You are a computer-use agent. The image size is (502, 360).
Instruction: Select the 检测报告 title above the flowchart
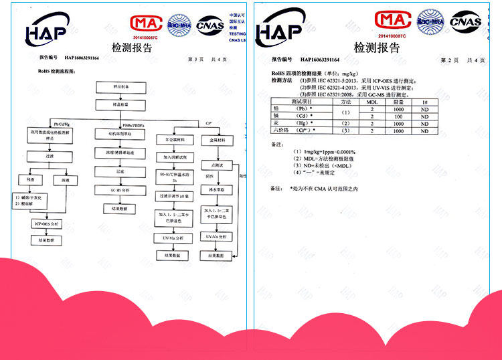[x=132, y=46]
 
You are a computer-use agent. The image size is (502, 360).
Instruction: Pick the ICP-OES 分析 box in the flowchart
[x=46, y=223]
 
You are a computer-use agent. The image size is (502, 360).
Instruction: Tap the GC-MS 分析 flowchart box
[x=119, y=191]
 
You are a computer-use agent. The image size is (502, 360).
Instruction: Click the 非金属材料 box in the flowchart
[x=174, y=140]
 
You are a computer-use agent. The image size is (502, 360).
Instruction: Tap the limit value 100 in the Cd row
[x=398, y=116]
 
